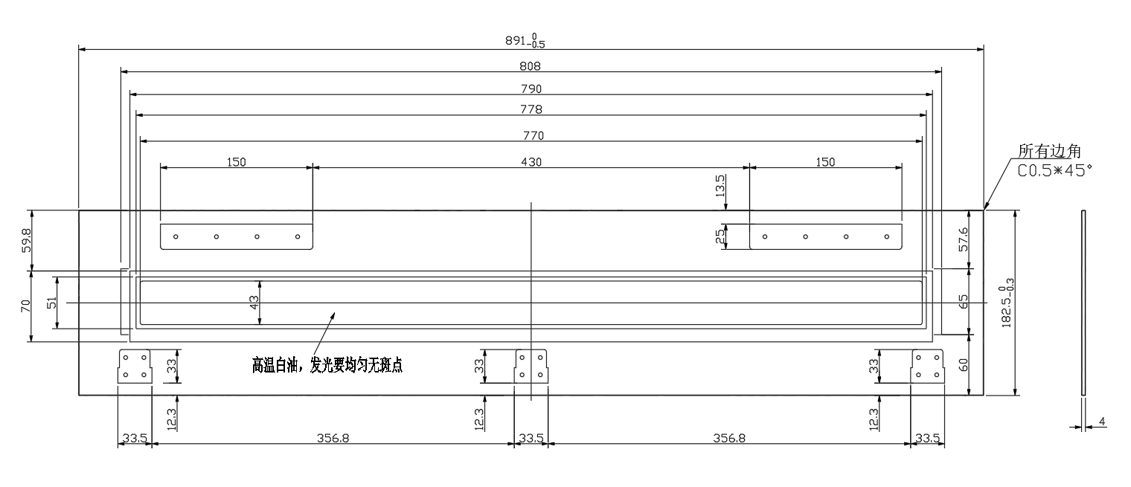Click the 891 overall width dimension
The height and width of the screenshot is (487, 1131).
point(525,41)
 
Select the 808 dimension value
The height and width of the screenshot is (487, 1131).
point(530,66)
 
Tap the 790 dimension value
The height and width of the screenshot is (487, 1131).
point(531,88)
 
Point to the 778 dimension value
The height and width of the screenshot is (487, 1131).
point(531,109)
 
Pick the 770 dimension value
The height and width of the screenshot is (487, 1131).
point(534,135)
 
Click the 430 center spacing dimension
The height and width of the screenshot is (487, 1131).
point(531,162)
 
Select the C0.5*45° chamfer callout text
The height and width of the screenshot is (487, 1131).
point(1054,170)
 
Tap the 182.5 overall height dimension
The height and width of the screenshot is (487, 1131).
point(1007,303)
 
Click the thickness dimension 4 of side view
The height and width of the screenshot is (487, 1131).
point(1102,421)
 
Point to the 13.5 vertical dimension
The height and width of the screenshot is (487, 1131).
point(720,186)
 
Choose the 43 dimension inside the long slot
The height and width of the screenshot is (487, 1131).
point(254,303)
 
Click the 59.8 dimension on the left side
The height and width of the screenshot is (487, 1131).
point(26,240)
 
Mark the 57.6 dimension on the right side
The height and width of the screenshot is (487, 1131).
point(964,239)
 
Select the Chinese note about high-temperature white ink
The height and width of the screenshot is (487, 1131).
point(327,365)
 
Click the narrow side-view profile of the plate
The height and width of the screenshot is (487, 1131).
point(1083,303)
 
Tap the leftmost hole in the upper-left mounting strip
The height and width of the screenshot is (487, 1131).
point(176,236)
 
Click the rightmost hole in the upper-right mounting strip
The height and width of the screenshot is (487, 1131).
point(887,236)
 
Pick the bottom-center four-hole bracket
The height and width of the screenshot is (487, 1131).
point(531,367)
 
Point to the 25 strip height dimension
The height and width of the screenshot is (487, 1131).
point(720,236)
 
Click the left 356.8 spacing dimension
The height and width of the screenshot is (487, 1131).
point(333,438)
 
